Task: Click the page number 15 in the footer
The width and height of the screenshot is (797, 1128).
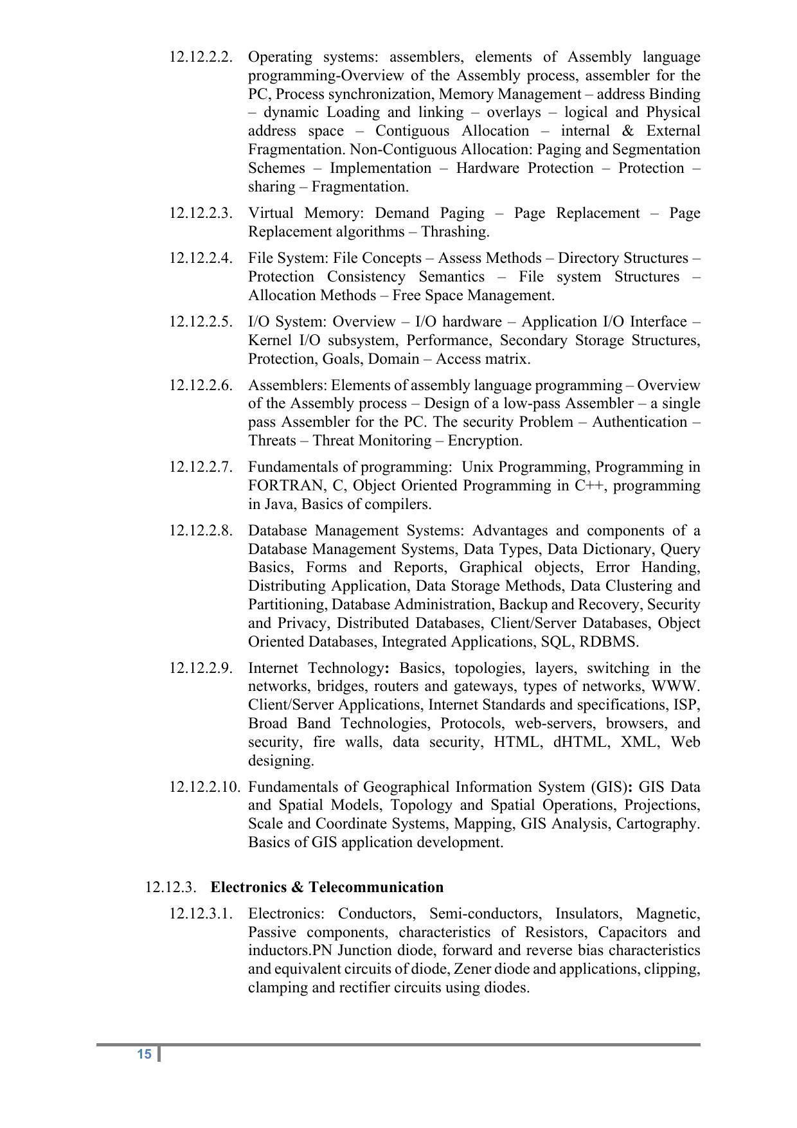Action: pos(144,1054)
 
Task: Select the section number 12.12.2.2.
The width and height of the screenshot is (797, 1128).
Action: pos(201,57)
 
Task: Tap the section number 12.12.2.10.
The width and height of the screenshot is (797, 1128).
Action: pos(204,787)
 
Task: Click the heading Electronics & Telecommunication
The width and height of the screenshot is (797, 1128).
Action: pos(327,887)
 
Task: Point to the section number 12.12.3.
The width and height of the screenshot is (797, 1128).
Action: pos(170,887)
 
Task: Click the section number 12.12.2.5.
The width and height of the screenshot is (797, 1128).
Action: pos(201,321)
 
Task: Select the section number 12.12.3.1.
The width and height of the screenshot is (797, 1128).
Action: pos(201,913)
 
